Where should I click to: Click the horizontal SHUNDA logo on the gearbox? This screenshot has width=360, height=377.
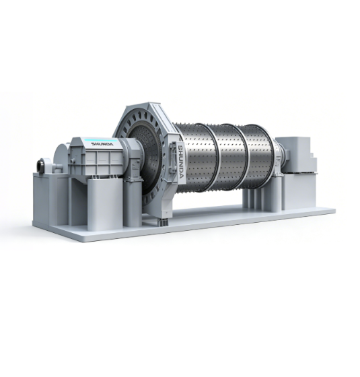click(102, 144)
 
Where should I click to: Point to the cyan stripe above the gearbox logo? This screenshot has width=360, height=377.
click(100, 140)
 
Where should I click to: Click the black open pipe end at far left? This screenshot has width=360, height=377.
click(40, 165)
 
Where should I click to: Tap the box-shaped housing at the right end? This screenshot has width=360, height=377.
click(296, 155)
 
